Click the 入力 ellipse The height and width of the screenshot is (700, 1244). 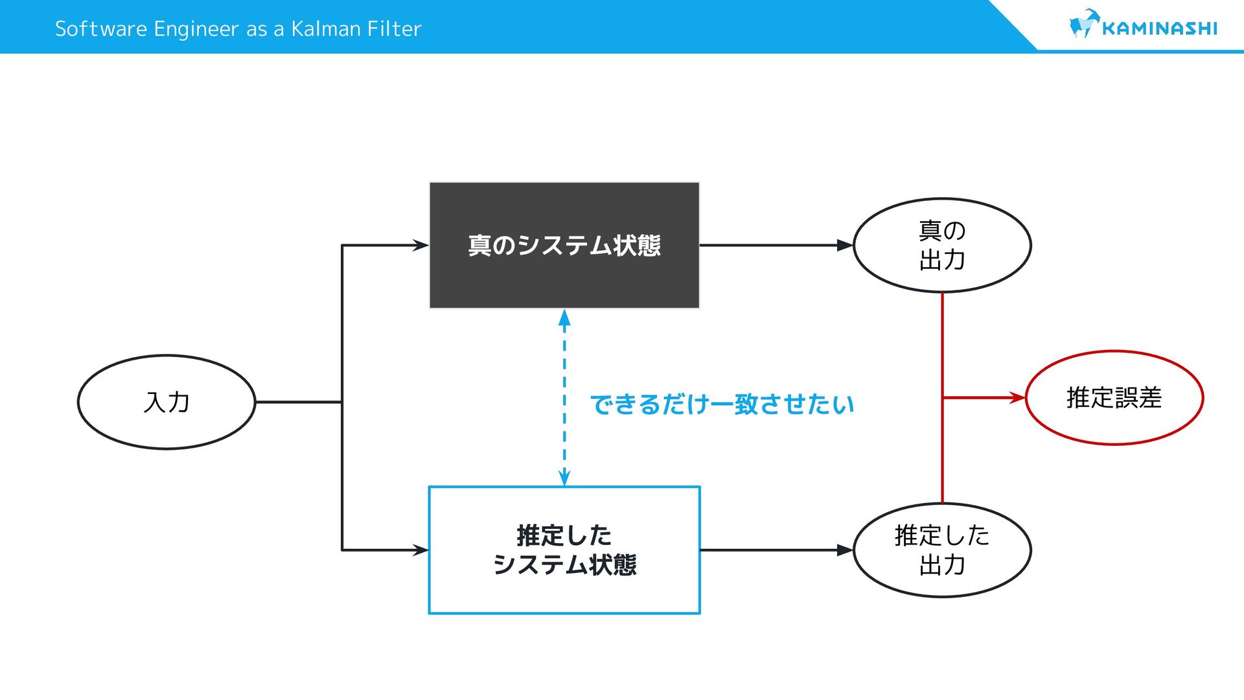[167, 402]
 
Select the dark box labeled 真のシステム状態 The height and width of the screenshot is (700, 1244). [564, 245]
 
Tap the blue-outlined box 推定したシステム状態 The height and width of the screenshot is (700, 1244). [564, 550]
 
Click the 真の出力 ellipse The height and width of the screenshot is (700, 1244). [942, 245]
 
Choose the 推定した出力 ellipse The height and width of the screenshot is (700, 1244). [942, 550]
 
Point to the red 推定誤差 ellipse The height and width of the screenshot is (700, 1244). [1114, 397]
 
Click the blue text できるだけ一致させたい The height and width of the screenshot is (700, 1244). [722, 404]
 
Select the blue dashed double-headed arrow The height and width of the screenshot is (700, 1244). [564, 397]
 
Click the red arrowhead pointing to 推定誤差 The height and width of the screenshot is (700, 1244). [1017, 397]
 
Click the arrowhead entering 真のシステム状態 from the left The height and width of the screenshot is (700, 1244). [421, 245]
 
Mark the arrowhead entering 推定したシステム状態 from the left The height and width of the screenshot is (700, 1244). [421, 550]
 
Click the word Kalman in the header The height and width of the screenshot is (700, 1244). [326, 29]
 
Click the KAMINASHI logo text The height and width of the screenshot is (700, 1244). [1159, 29]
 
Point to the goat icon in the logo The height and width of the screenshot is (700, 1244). [1084, 23]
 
